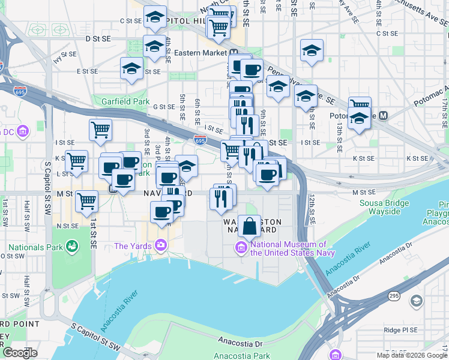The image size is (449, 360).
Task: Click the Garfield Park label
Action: pos(125,101)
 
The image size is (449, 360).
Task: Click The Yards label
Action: pos(133,245)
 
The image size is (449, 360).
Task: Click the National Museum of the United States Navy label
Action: pos(289,248)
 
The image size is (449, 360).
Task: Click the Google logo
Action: pos(20,353)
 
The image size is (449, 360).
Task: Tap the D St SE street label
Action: pos(98,38)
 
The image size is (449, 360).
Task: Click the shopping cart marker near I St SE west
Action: pos(101,130)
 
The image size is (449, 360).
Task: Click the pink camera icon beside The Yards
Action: pos(160,245)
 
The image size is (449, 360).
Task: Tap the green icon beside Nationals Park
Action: pos(72,246)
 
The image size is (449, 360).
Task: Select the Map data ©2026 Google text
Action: pos(412,355)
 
